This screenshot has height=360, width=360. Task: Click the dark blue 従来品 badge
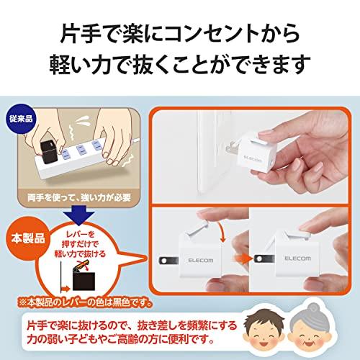(x=21, y=118)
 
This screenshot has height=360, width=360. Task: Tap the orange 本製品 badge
(x=28, y=238)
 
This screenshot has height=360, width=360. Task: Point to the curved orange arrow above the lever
(x=220, y=231)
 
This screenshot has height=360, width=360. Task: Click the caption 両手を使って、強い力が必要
(x=79, y=197)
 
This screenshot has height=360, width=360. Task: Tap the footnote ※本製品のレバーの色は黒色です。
(x=86, y=302)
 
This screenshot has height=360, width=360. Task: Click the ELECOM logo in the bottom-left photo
(x=201, y=261)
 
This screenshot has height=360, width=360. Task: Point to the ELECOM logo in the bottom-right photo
(x=297, y=258)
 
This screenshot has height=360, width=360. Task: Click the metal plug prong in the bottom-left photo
(x=168, y=261)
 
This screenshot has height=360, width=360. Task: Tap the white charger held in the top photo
(x=255, y=153)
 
